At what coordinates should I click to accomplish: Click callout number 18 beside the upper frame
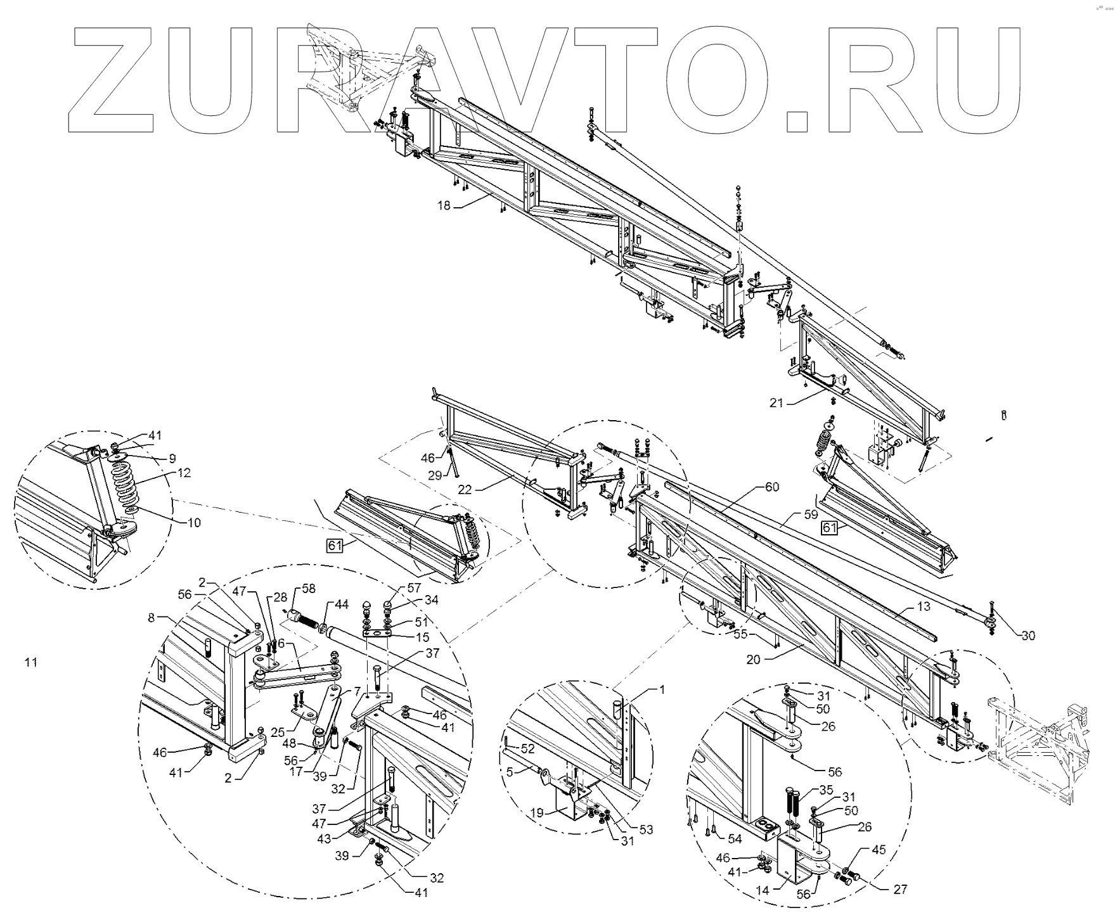[443, 205]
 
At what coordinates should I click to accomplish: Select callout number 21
[777, 402]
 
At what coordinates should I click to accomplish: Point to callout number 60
[771, 487]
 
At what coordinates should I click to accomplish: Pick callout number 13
[923, 606]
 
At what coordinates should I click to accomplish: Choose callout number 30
[1028, 636]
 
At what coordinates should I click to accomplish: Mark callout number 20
[752, 659]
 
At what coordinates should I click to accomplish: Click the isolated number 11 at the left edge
[31, 663]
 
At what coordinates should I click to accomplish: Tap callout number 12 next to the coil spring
[184, 473]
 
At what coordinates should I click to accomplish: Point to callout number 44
[342, 605]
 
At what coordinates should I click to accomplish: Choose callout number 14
[763, 890]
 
